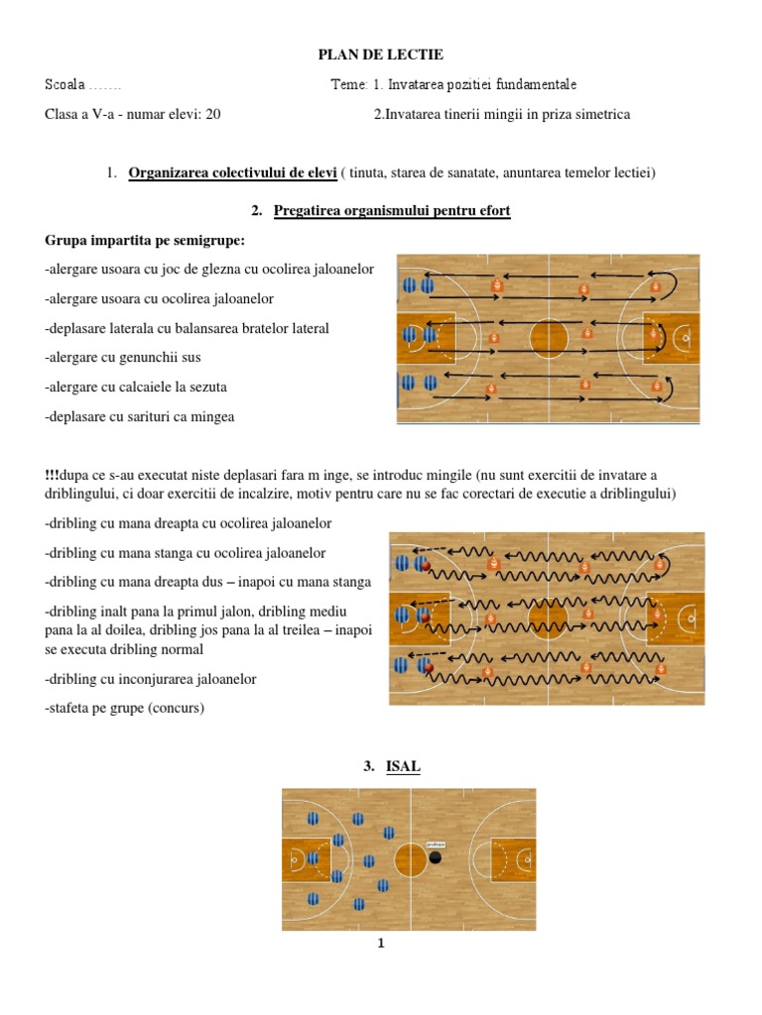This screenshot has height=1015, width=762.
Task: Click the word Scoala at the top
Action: click(x=65, y=85)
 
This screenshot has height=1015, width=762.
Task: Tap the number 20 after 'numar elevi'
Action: click(x=212, y=114)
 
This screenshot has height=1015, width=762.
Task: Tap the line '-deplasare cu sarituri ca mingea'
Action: click(x=140, y=416)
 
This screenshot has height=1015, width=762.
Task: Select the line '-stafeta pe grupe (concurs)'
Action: click(x=130, y=708)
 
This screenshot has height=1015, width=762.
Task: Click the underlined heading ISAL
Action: click(x=403, y=766)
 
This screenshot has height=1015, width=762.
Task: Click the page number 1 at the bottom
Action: click(x=380, y=944)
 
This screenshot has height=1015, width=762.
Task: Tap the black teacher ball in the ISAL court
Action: click(x=435, y=857)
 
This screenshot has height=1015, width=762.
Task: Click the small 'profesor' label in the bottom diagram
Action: click(x=436, y=845)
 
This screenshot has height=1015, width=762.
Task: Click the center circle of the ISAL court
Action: click(x=410, y=858)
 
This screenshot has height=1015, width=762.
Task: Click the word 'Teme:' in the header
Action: click(x=349, y=85)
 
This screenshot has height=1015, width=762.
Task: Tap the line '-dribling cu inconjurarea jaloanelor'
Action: click(x=151, y=679)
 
